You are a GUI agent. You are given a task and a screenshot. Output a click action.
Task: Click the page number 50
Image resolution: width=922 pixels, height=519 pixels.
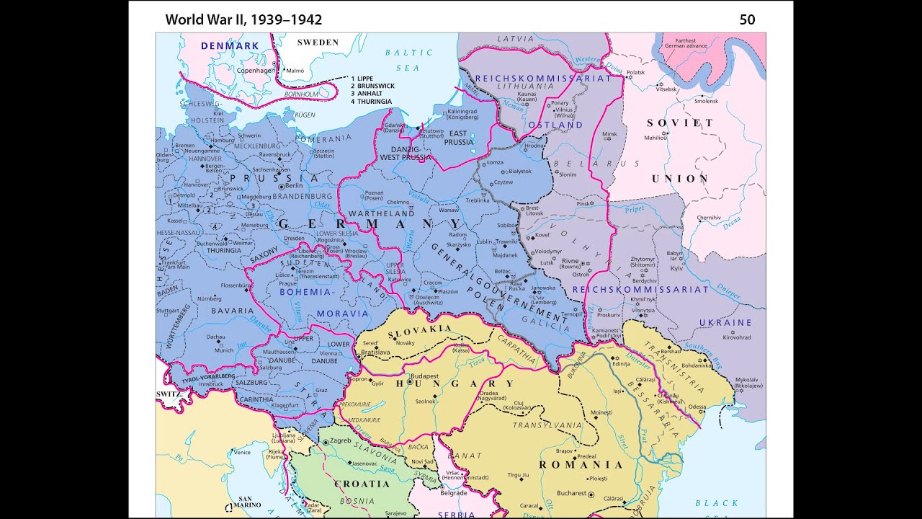click(747, 19)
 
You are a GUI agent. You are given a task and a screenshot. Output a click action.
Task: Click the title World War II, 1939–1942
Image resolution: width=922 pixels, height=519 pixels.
click(243, 19)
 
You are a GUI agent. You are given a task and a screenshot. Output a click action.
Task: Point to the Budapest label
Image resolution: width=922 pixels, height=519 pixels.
click(424, 376)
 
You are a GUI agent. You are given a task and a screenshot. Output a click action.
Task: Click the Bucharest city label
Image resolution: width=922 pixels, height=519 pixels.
click(572, 494)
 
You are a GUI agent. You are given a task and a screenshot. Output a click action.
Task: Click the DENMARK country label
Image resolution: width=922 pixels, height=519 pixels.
click(229, 46)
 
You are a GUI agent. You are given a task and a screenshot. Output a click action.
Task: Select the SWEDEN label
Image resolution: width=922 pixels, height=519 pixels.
click(318, 43)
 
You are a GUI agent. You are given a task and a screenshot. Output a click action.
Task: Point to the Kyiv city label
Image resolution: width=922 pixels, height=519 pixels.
click(676, 268)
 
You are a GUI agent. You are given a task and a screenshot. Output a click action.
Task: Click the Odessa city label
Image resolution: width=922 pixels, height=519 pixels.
click(697, 407)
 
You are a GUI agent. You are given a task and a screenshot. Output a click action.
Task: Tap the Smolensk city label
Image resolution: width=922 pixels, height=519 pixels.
click(706, 101)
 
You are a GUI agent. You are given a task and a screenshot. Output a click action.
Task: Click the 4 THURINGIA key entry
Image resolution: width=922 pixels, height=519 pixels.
click(371, 102)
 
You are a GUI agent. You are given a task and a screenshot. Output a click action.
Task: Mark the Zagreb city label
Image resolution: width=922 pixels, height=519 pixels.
click(340, 440)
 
